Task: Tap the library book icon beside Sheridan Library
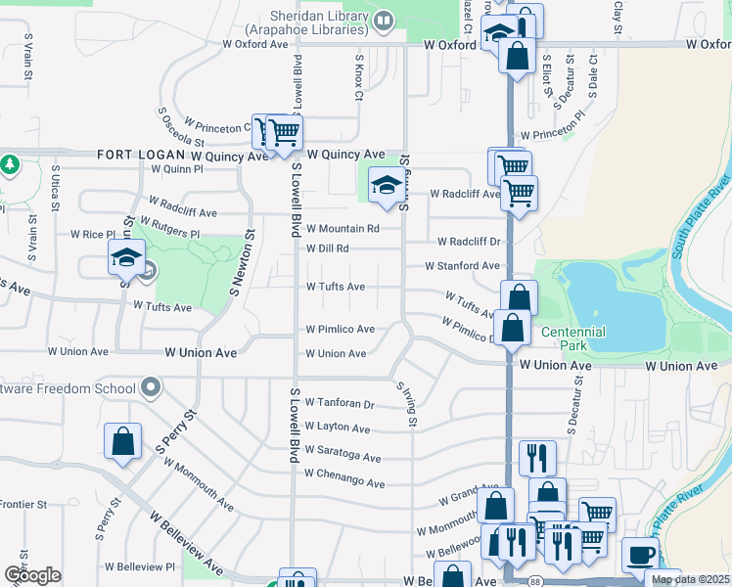coord(386,19)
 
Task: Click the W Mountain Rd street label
coord(343,229)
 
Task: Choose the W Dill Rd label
coord(328,248)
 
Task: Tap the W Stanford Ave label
coord(462,266)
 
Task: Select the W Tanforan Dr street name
coord(340,403)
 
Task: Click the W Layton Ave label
coord(337,428)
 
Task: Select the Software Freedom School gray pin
coord(151,388)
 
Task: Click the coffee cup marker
coord(640,555)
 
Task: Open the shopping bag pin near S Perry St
coord(123,441)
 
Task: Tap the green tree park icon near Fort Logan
coord(10,163)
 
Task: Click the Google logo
coord(32,575)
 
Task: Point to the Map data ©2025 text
coord(689,579)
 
